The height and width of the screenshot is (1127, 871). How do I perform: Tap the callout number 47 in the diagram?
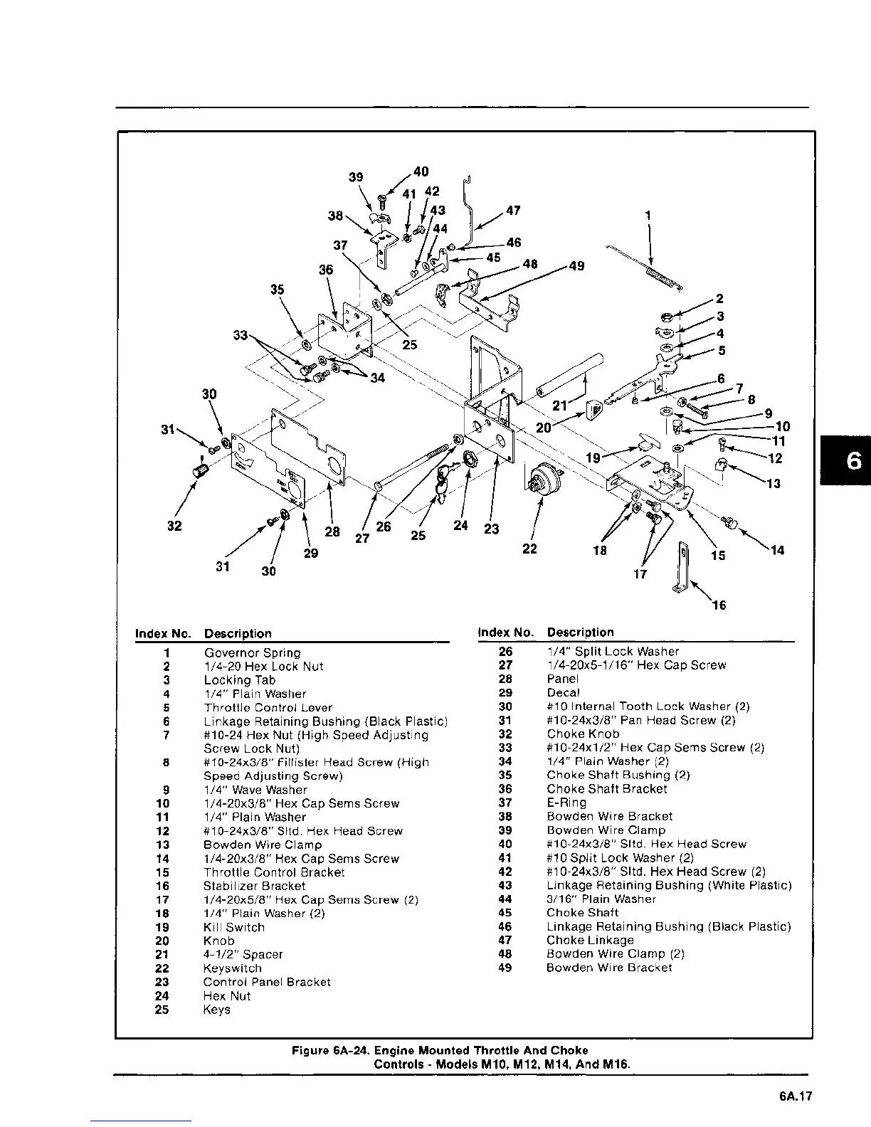(512, 211)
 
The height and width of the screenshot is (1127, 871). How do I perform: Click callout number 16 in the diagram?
(719, 605)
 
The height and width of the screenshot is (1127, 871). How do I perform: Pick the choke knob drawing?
(199, 470)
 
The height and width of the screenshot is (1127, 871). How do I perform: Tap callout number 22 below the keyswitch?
(529, 549)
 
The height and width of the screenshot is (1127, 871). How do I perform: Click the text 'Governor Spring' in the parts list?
(252, 652)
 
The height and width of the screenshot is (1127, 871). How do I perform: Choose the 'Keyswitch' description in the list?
(232, 968)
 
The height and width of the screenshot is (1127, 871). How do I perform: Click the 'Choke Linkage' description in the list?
(590, 940)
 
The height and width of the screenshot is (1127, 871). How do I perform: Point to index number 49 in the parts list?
(505, 968)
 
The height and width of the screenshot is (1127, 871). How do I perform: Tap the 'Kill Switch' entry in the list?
(233, 927)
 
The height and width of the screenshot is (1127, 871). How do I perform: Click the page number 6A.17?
(795, 1096)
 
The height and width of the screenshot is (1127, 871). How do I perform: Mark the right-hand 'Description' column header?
(580, 632)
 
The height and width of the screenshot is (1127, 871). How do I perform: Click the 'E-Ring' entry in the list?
(566, 803)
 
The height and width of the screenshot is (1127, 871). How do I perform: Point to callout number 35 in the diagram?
(277, 290)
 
